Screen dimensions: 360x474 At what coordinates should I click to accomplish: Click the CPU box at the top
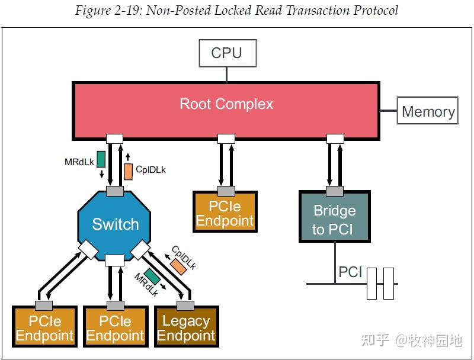pyautogui.click(x=226, y=53)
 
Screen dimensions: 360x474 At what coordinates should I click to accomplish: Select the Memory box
pyautogui.click(x=428, y=111)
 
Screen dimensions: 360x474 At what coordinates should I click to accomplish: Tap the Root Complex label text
pyautogui.click(x=226, y=104)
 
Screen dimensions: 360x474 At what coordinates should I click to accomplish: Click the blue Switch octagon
pyautogui.click(x=115, y=224)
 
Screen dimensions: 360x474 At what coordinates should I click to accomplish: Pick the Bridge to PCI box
pyautogui.click(x=334, y=219)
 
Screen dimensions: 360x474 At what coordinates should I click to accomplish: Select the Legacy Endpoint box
pyautogui.click(x=186, y=328)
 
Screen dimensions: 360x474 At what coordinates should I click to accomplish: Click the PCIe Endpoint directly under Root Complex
pyautogui.click(x=225, y=214)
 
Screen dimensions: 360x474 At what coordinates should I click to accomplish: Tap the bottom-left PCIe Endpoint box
pyautogui.click(x=45, y=328)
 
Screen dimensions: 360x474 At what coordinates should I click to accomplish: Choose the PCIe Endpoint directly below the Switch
pyautogui.click(x=115, y=328)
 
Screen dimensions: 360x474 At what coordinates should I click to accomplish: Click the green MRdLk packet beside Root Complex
pyautogui.click(x=101, y=159)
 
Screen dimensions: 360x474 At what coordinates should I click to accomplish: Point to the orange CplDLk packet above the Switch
pyautogui.click(x=129, y=171)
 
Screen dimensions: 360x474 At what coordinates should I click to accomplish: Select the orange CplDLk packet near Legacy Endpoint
pyautogui.click(x=177, y=266)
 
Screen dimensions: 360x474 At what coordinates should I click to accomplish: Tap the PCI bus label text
pyautogui.click(x=350, y=273)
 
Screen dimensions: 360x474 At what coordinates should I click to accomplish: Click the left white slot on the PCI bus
pyautogui.click(x=372, y=283)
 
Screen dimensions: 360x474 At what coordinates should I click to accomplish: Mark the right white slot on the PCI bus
pyautogui.click(x=389, y=283)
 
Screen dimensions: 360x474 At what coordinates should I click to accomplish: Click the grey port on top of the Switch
pyautogui.click(x=114, y=191)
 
